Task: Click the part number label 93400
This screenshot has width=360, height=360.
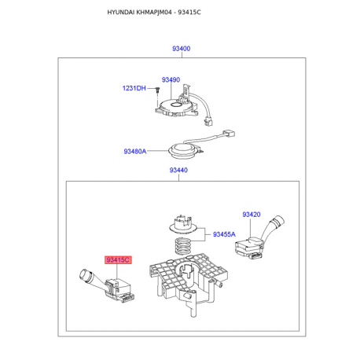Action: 181,49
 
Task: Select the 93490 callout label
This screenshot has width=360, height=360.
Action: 171,79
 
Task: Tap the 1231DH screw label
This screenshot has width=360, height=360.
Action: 134,88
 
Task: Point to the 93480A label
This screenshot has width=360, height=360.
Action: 135,151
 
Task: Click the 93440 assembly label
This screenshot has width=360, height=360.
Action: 178,170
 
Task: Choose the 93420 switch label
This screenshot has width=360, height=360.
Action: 252,215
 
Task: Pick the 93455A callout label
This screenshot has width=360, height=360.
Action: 224,234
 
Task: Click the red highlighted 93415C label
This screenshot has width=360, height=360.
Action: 118,260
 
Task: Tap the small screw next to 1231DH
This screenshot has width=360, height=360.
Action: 157,90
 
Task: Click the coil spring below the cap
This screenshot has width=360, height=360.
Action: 182,246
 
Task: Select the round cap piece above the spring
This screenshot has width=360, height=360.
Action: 183,225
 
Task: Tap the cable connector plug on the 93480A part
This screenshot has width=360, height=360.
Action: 229,133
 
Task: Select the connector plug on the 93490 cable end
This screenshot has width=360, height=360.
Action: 208,122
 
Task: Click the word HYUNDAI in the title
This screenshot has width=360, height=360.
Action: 120,13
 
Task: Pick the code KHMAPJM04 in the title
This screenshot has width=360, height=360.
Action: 154,13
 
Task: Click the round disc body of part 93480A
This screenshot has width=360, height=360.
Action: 182,152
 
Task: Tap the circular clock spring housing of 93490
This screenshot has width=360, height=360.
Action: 176,108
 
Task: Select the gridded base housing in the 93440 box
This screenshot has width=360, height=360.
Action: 189,283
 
